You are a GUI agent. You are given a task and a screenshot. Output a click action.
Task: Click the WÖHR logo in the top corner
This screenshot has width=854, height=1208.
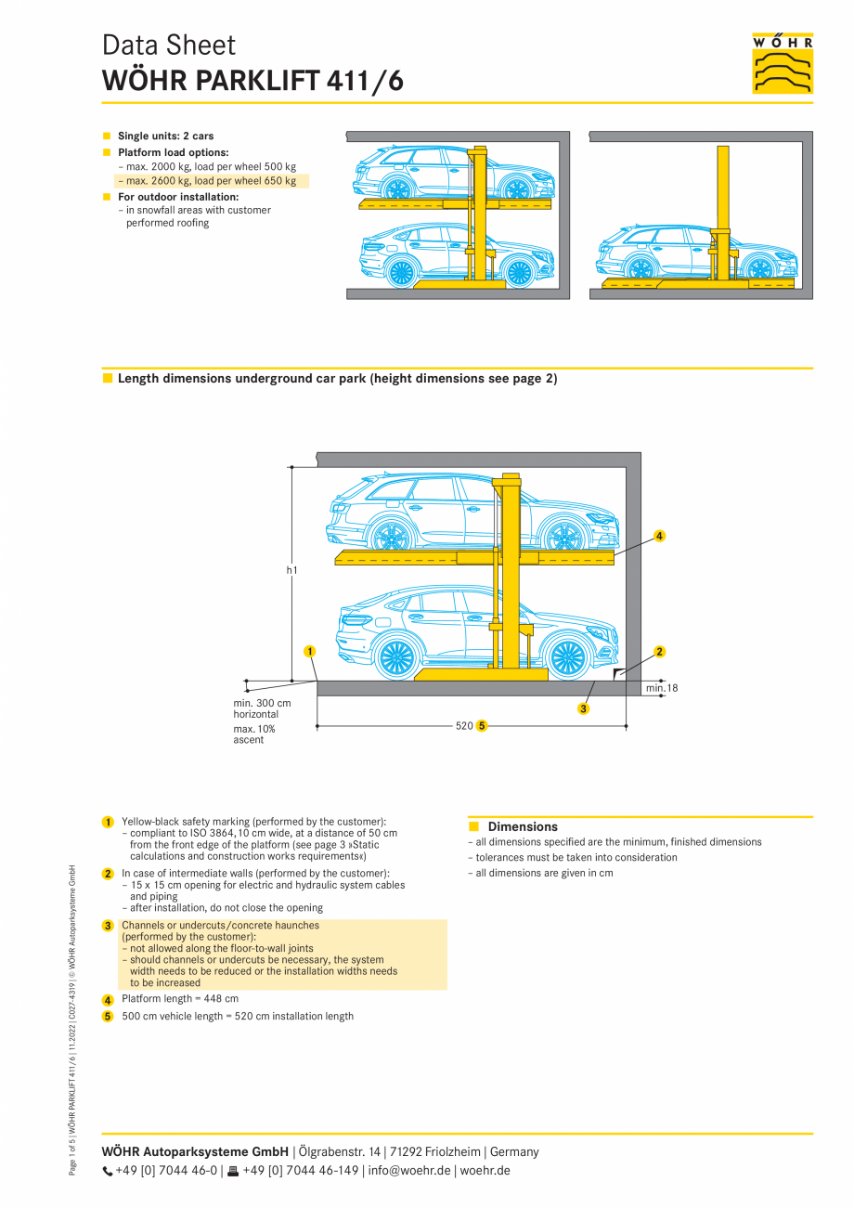[x=783, y=63]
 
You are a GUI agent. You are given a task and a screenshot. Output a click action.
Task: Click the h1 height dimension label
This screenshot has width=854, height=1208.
[x=291, y=570]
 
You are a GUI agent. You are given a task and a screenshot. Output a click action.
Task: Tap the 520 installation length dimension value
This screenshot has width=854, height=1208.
[x=464, y=725]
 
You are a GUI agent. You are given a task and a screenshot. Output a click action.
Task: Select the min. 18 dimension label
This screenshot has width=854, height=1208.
[x=661, y=688]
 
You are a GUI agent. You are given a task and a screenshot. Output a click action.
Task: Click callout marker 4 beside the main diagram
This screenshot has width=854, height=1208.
[x=659, y=536]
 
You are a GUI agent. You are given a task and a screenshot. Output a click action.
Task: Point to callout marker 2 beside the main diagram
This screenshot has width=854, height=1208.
[x=659, y=651]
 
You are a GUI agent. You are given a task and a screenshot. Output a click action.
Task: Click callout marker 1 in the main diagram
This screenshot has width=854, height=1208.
[x=309, y=651]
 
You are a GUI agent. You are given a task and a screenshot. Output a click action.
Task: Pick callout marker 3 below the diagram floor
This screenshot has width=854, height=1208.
[x=583, y=708]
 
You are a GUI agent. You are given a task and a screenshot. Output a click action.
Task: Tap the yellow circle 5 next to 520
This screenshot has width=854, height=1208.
[x=482, y=725]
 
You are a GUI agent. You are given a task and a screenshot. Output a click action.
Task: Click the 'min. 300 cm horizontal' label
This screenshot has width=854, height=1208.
[x=262, y=708]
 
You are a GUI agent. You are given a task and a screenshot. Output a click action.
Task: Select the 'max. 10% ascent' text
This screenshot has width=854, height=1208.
[x=254, y=734]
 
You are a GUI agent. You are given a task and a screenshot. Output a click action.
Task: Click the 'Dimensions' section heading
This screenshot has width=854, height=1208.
[x=523, y=826]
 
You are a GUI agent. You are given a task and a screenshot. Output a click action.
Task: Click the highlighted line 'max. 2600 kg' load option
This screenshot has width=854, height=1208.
[x=212, y=181]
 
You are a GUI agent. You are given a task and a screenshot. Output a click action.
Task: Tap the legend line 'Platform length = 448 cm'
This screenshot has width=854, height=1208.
[x=180, y=999]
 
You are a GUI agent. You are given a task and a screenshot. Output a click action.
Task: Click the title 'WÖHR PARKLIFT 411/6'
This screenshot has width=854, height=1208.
[x=252, y=81]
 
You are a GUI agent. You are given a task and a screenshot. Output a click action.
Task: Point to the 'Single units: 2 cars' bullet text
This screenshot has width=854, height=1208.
[x=165, y=136]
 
